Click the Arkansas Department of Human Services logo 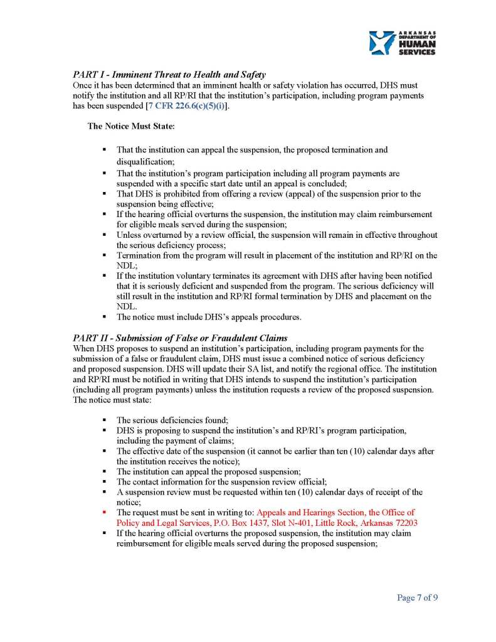402,43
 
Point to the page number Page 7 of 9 417,597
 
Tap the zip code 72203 404,522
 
